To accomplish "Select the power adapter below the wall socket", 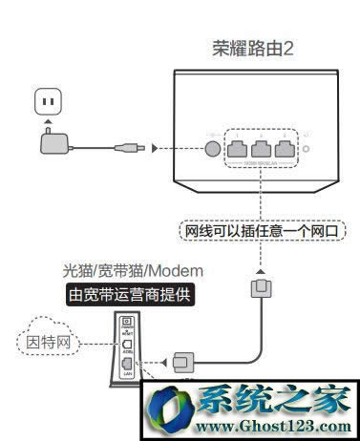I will (52, 143).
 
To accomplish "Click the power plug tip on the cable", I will (129, 148).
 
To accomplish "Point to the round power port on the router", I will (209, 148).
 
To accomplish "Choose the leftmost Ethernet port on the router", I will (236, 147).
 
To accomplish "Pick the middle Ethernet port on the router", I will (260, 147).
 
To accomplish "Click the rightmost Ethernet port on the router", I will (284, 147).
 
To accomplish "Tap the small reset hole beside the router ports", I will (305, 149).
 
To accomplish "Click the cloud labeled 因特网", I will (43, 339).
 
